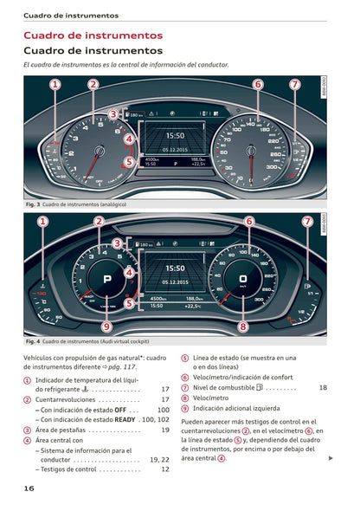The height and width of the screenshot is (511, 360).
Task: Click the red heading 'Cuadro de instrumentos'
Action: [x=93, y=36]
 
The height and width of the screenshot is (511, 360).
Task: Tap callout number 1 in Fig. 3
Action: [x=55, y=85]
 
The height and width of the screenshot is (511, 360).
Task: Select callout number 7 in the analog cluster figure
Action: [x=295, y=85]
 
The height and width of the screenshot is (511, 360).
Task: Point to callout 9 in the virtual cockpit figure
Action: [x=106, y=327]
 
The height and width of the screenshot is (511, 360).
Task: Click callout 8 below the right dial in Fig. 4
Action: [x=243, y=327]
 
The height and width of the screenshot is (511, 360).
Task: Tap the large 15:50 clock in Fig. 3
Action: [x=175, y=136]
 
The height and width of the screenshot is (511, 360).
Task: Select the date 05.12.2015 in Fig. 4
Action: [x=175, y=281]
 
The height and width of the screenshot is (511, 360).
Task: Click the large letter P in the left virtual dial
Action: [x=107, y=280]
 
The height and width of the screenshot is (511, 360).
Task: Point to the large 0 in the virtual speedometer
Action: [x=243, y=280]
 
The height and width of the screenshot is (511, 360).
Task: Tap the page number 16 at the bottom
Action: [x=29, y=488]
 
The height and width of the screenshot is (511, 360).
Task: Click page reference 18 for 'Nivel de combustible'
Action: [x=323, y=388]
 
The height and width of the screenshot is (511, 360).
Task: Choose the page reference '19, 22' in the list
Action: [x=158, y=460]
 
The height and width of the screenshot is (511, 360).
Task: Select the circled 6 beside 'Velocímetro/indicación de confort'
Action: [x=185, y=378]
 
